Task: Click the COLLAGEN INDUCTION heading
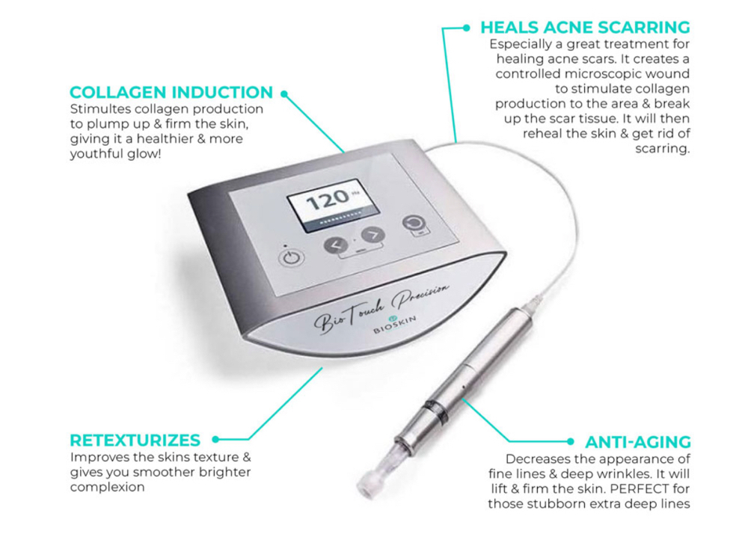(x=171, y=93)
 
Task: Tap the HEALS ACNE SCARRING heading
(x=585, y=28)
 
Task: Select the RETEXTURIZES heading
(x=135, y=440)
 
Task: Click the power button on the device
(x=292, y=258)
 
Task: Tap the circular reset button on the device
(x=413, y=223)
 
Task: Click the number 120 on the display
(x=327, y=198)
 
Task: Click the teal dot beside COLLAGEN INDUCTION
(x=283, y=94)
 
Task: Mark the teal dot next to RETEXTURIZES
(x=215, y=440)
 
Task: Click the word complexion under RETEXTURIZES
(x=107, y=487)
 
